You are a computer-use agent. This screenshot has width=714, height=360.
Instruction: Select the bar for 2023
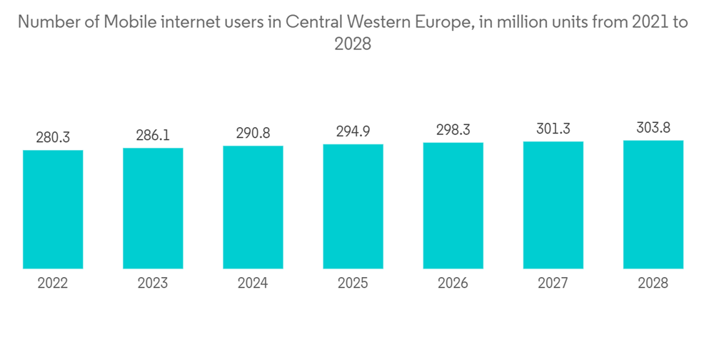click(153, 209)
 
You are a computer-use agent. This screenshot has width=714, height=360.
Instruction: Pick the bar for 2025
click(353, 206)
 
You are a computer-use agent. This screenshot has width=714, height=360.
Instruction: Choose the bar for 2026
click(453, 206)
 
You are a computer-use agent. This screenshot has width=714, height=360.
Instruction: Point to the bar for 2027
click(553, 205)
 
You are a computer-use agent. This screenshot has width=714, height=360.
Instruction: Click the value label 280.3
click(53, 138)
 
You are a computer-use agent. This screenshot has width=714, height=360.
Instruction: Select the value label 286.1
click(153, 136)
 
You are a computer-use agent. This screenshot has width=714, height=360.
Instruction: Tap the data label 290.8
click(253, 134)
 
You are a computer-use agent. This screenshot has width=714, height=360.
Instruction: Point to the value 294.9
click(353, 132)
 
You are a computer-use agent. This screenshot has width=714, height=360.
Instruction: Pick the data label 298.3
click(453, 131)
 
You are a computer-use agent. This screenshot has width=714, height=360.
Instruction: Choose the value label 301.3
click(553, 129)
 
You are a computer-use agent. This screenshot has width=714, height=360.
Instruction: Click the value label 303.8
click(653, 128)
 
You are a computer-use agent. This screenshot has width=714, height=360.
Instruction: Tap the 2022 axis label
click(53, 284)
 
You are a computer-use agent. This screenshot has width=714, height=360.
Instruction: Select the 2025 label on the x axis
click(353, 284)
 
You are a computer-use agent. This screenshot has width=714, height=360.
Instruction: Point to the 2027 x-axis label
click(553, 284)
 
